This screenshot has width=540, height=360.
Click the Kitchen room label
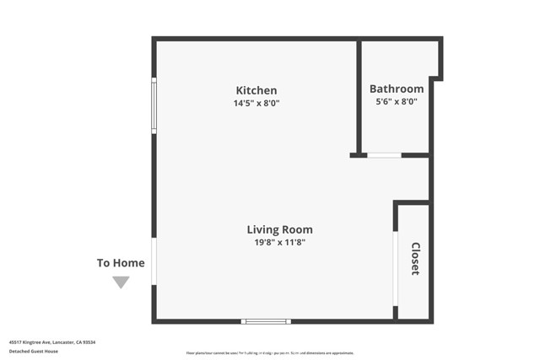click(256, 90)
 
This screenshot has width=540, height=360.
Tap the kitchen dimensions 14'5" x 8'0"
click(256, 104)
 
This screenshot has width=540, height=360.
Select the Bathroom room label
click(397, 89)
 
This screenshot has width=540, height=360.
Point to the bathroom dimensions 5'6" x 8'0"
click(397, 102)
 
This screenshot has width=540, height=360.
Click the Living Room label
click(279, 229)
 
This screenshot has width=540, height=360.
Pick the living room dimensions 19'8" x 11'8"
click(279, 243)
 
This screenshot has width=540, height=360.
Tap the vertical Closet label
click(415, 259)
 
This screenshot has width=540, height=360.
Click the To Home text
click(121, 263)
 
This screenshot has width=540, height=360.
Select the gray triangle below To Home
click(121, 282)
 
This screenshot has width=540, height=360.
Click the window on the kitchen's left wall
click(154, 105)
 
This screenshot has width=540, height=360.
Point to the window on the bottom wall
click(266, 321)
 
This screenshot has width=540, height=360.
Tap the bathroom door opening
click(384, 155)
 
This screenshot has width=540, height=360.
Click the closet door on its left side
click(395, 268)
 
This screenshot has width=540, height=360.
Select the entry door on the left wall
click(154, 261)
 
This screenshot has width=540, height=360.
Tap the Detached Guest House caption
click(35, 351)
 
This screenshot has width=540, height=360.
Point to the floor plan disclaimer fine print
click(270, 353)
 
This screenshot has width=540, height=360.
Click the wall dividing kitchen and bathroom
click(359, 97)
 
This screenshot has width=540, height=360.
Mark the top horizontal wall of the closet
click(412, 202)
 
